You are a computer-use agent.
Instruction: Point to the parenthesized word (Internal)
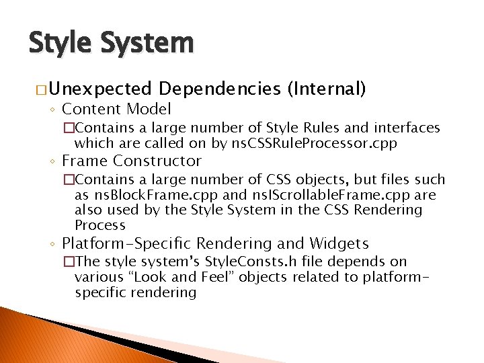326,88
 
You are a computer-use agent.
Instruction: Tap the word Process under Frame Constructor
100,225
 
